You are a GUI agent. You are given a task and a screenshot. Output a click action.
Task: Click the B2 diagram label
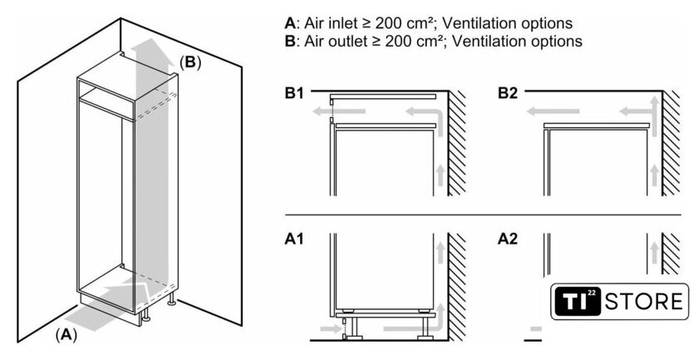click(x=509, y=94)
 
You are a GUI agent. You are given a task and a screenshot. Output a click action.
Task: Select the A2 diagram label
click(x=508, y=239)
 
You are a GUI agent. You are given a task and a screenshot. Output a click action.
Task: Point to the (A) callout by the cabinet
click(x=66, y=335)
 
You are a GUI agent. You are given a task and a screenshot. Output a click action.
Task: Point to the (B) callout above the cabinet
click(x=189, y=62)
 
